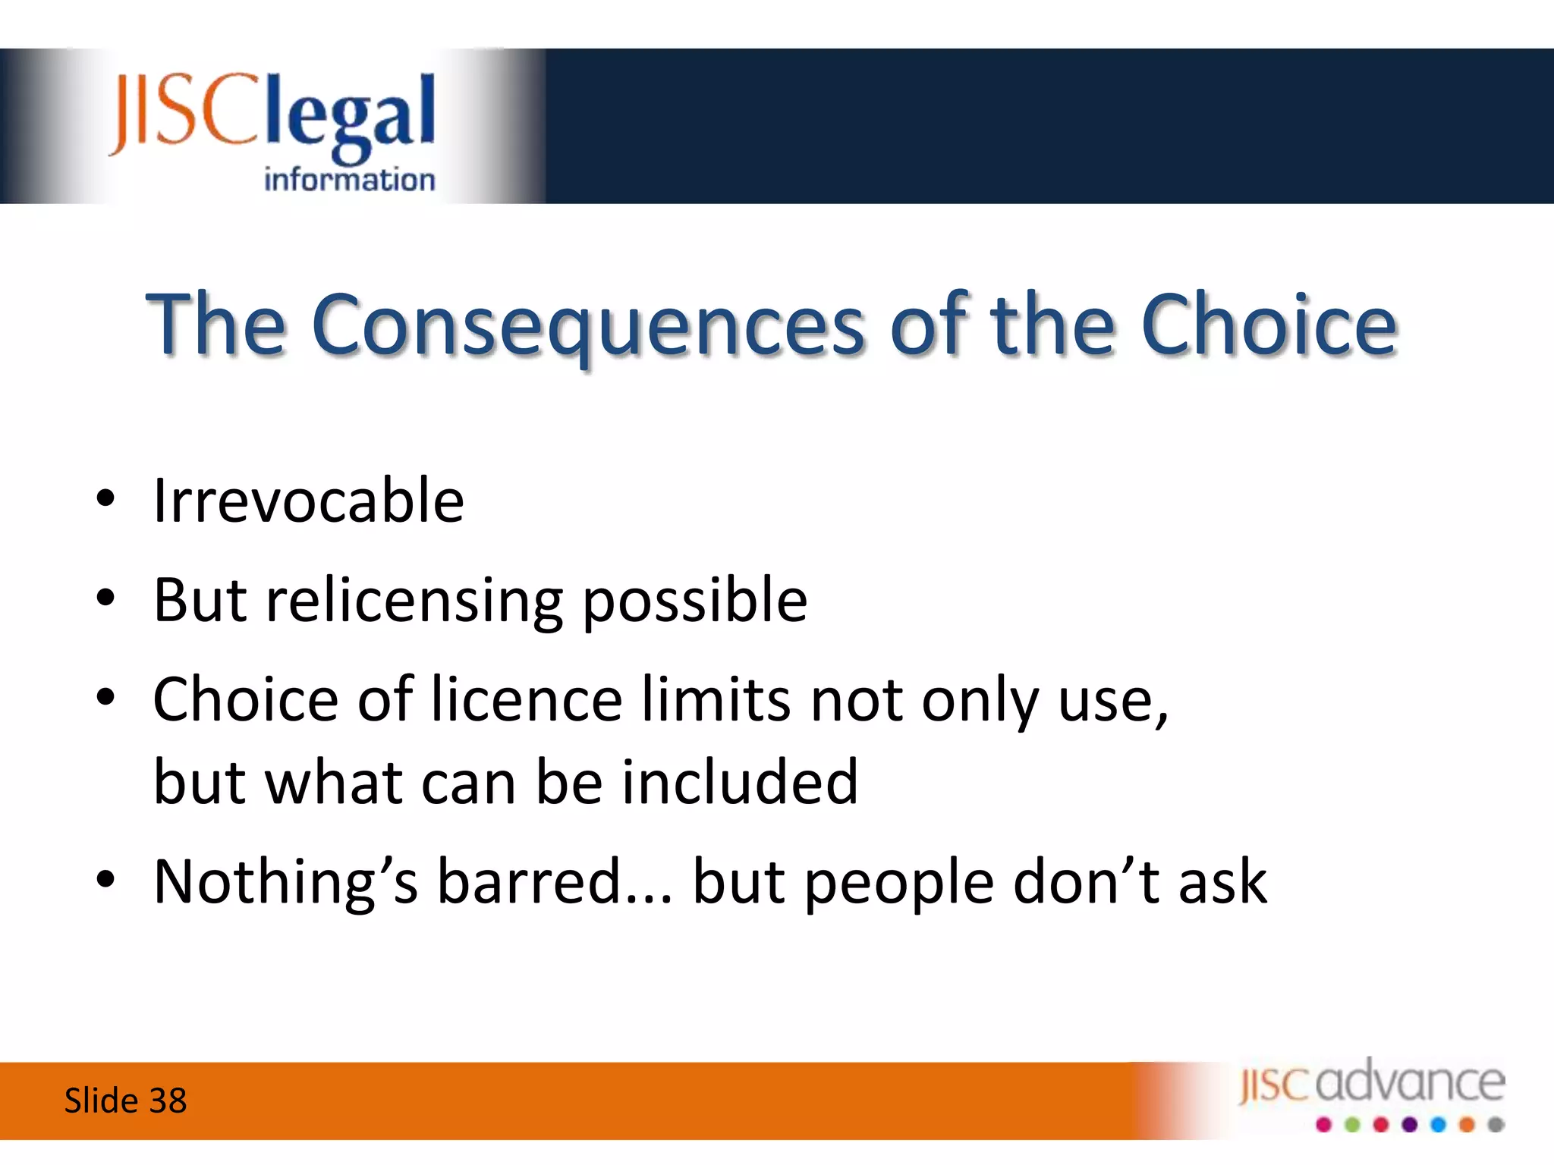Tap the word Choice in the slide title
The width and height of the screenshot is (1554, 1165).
click(x=1269, y=324)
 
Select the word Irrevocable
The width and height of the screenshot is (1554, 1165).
click(x=309, y=501)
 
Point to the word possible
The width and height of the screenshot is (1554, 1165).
click(x=695, y=601)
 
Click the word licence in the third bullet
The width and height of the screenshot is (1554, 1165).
click(x=527, y=699)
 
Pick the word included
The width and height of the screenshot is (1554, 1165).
click(x=740, y=781)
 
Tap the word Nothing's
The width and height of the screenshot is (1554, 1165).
click(x=286, y=883)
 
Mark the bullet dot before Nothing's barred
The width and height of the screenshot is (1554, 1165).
click(x=105, y=880)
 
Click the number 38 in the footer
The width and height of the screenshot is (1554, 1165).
click(x=168, y=1101)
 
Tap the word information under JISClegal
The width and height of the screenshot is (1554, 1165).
click(x=350, y=179)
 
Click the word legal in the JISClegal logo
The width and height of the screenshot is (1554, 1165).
click(x=351, y=116)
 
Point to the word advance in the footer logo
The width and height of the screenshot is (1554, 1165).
click(x=1411, y=1082)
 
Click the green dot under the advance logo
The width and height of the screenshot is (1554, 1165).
click(x=1353, y=1125)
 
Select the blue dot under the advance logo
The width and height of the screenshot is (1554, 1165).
click(x=1439, y=1125)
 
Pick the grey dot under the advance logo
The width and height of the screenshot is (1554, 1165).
click(x=1496, y=1125)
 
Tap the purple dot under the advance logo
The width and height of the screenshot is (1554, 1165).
click(x=1410, y=1125)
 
